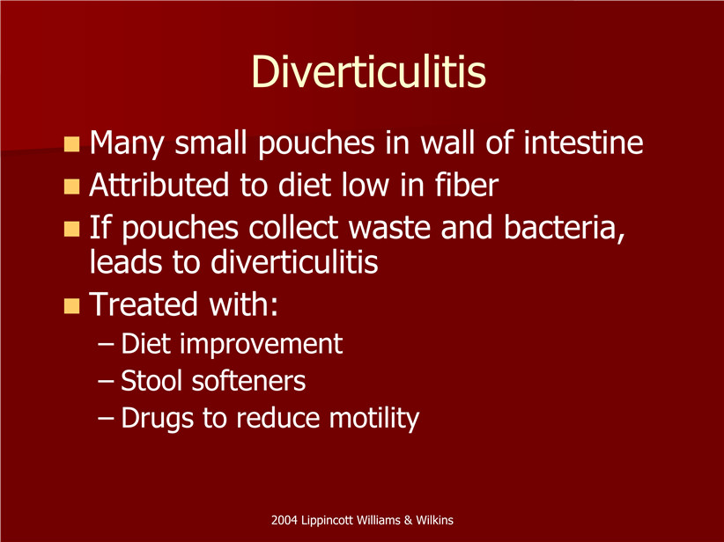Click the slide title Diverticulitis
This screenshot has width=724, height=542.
coord(368,72)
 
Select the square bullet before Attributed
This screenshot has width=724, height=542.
coord(71,187)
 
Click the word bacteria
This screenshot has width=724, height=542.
coord(565,227)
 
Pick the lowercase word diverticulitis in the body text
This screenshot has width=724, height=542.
coord(294,262)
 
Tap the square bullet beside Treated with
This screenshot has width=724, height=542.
coord(71,306)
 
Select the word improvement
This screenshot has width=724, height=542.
coord(261,344)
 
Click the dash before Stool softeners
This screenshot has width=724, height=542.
coord(106,382)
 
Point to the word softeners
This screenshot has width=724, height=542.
coord(248,381)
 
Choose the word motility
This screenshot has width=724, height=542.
coord(374,419)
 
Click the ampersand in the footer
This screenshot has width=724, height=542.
coord(408,520)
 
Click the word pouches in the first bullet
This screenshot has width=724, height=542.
coord(316,143)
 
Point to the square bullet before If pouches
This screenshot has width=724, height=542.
coord(71,229)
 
